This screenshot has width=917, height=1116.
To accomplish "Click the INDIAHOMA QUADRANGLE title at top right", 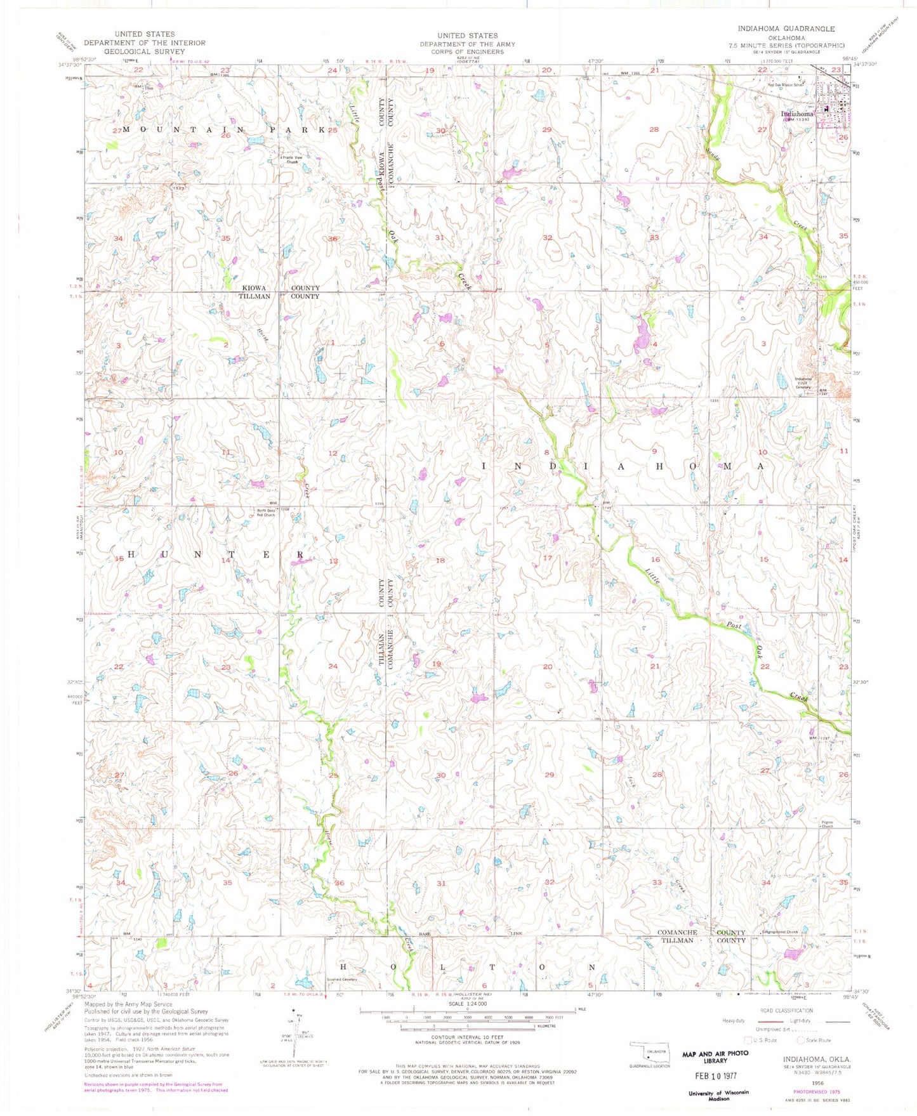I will click(786, 29).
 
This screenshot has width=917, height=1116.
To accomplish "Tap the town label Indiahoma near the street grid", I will click(796, 114).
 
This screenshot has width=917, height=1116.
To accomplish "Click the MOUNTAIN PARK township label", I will click(223, 129).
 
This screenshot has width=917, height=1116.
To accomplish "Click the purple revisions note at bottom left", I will click(155, 1087).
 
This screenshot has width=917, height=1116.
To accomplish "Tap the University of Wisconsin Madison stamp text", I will click(718, 1096).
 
